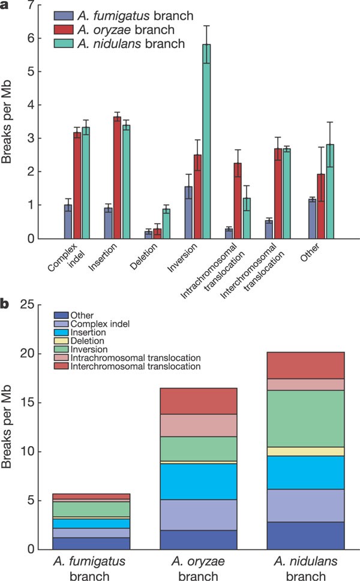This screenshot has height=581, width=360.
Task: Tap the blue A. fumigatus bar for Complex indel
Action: [68, 222]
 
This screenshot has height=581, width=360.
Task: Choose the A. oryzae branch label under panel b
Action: [198, 567]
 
